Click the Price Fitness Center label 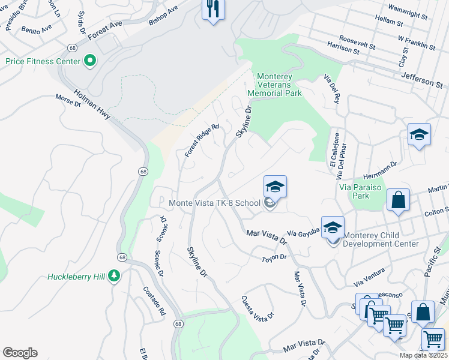coord(43,61)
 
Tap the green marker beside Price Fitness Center coord(90,61)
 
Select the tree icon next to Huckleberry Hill coord(113,277)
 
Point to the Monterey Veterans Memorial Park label coord(279,85)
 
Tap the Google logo coord(20,353)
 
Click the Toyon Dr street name coord(276,257)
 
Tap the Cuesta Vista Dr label coord(258,307)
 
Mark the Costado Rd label coord(154,302)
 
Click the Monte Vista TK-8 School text coord(214,203)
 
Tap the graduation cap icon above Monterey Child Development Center coord(333,227)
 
